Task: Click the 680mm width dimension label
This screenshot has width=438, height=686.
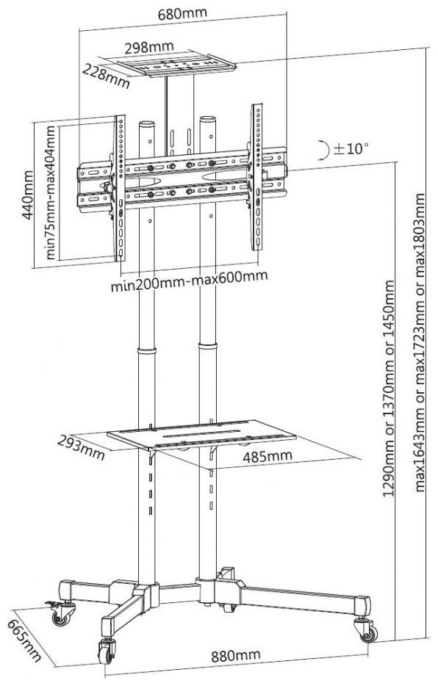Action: (182, 13)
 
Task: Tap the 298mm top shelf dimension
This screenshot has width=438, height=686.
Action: (149, 47)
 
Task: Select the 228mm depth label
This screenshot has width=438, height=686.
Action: (107, 76)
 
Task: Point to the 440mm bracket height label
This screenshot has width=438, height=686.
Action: (29, 195)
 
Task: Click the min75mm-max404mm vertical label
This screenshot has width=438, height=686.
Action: (51, 193)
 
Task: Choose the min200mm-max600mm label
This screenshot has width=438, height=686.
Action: (189, 281)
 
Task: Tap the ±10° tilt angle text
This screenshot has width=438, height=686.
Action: (351, 149)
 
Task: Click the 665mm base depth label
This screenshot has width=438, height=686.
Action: (25, 640)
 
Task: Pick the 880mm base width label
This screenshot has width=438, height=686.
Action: (236, 656)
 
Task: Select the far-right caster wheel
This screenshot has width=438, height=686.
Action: (367, 631)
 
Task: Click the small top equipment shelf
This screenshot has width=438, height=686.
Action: (176, 65)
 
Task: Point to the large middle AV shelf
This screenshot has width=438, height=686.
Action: (201, 435)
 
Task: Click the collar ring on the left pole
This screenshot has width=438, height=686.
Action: (146, 351)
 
